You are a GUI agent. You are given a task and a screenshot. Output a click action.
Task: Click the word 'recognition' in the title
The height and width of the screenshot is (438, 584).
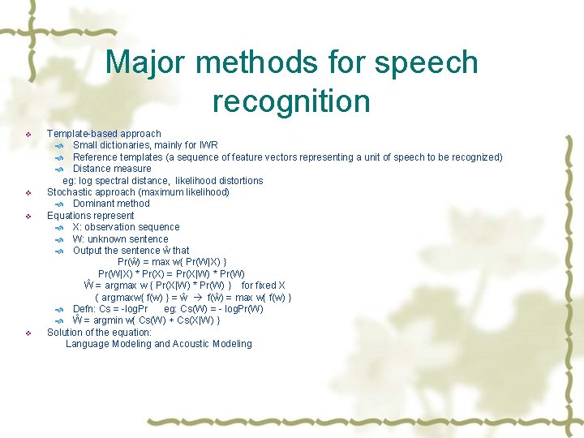click(x=291, y=101)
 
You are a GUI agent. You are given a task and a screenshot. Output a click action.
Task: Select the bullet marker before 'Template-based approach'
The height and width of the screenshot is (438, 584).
click(x=28, y=134)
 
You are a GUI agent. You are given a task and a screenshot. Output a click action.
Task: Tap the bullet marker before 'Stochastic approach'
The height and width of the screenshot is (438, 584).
click(x=28, y=193)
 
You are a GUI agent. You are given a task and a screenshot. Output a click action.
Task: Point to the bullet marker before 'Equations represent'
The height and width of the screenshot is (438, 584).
click(x=28, y=217)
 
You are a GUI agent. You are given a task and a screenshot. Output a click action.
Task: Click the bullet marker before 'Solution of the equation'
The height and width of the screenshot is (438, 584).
click(x=28, y=333)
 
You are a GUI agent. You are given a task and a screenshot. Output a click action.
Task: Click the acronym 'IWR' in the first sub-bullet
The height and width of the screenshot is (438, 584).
click(x=208, y=145)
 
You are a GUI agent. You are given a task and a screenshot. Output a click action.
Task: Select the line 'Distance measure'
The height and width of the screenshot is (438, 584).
click(x=112, y=169)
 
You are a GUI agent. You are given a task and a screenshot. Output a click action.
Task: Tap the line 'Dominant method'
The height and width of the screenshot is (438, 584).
click(x=111, y=204)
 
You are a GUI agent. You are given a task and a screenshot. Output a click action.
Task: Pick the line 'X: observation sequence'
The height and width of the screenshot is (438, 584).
click(x=126, y=227)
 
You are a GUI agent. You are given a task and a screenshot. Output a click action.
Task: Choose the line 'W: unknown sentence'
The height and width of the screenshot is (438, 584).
click(x=120, y=239)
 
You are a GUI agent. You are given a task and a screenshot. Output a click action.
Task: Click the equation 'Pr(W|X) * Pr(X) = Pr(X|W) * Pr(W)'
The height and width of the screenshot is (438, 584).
click(x=171, y=274)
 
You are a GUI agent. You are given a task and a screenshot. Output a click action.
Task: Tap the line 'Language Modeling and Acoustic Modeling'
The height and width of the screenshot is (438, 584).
click(x=158, y=344)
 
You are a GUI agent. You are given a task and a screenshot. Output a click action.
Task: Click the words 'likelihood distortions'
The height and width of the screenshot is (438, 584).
click(x=219, y=180)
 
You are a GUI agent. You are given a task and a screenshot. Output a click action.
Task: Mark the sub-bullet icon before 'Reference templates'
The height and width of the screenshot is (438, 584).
click(x=59, y=157)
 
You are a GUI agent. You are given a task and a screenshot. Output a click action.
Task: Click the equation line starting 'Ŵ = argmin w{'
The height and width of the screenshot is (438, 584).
click(x=146, y=320)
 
